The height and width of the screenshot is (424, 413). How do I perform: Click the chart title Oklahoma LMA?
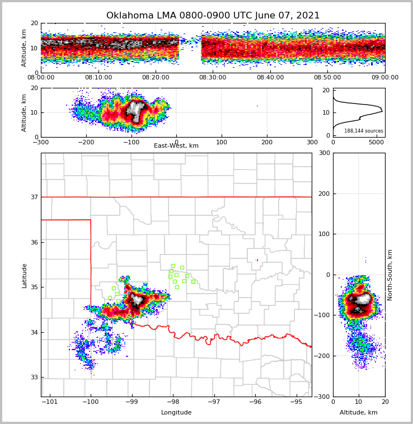click(x=213, y=16)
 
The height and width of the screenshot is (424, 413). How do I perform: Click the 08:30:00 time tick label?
click(x=213, y=78)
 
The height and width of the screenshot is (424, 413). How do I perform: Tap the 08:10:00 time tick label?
click(x=98, y=78)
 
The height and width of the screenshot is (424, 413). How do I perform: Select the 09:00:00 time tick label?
click(x=384, y=78)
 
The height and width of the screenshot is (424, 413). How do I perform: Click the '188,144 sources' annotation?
click(x=363, y=131)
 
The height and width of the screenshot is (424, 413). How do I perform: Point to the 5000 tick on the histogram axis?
click(x=377, y=143)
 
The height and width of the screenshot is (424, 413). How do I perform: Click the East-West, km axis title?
click(x=176, y=146)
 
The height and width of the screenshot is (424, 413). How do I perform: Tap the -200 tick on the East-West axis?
click(x=86, y=143)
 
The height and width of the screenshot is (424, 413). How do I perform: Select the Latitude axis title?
click(x=24, y=275)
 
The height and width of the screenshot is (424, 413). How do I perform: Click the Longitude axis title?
click(x=176, y=413)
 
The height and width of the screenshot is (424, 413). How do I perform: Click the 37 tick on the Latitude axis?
click(x=34, y=197)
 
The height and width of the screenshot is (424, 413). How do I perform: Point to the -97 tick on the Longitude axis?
click(x=214, y=402)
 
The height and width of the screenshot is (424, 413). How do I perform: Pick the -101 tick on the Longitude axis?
click(x=50, y=402)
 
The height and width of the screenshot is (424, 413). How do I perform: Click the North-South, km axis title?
click(x=391, y=275)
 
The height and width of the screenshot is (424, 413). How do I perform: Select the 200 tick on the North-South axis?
click(x=323, y=194)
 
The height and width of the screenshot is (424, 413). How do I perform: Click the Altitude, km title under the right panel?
click(x=359, y=413)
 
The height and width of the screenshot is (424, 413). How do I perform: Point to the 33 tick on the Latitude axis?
click(x=34, y=378)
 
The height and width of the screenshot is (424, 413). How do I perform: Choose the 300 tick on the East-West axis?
click(x=312, y=143)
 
